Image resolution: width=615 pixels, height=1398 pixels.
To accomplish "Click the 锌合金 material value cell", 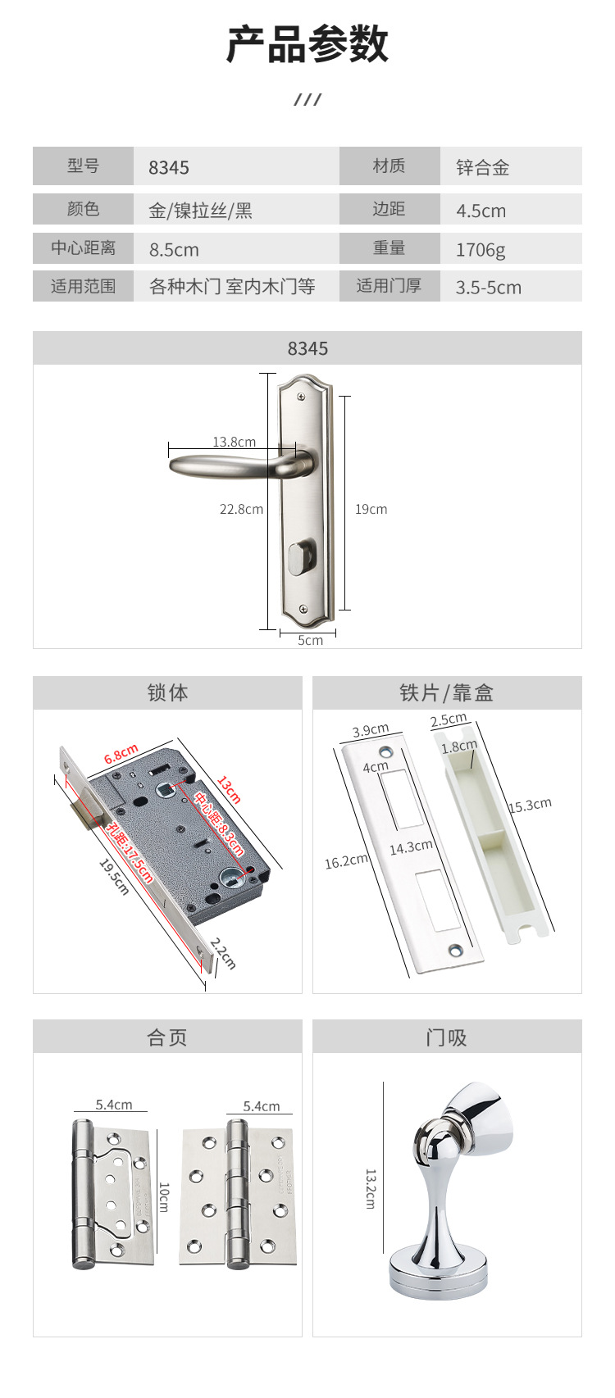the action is pos(483,167).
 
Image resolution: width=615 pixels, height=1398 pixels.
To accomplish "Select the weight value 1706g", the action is pos(481,250).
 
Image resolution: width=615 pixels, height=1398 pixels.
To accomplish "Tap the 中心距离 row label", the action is pos(83,247).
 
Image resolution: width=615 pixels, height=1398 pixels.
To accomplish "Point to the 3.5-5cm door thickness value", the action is pos(488,287).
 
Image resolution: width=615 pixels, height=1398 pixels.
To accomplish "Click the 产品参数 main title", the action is pos(307,44).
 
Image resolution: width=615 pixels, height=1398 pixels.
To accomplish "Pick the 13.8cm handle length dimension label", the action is pos(235,442).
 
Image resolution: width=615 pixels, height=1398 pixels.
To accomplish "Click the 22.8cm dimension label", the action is pos(241,509).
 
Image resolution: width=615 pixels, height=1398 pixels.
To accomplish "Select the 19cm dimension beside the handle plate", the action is pos(371,509).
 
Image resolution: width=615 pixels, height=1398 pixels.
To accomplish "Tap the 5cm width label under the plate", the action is pos(310,640).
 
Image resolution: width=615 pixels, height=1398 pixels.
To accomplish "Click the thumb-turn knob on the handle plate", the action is pos(302,558).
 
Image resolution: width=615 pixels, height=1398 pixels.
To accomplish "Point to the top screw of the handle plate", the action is pos(303,397).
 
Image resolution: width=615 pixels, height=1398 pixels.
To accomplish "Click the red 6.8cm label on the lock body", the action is pos(121,754).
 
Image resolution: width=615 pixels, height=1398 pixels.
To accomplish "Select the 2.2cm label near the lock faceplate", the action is pos(222,954).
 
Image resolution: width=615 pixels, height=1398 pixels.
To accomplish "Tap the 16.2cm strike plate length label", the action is pos(346,861).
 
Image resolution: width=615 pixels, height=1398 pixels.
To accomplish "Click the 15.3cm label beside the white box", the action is pos(530,805).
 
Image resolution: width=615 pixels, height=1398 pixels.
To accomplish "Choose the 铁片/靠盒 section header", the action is pos(446,692).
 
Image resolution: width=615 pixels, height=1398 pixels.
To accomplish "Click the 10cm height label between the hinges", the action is pos(163,1197).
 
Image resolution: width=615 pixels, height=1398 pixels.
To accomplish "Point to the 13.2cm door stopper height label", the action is pos(371,1189).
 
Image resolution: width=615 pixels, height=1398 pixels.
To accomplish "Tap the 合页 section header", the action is pos(166,1037).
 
